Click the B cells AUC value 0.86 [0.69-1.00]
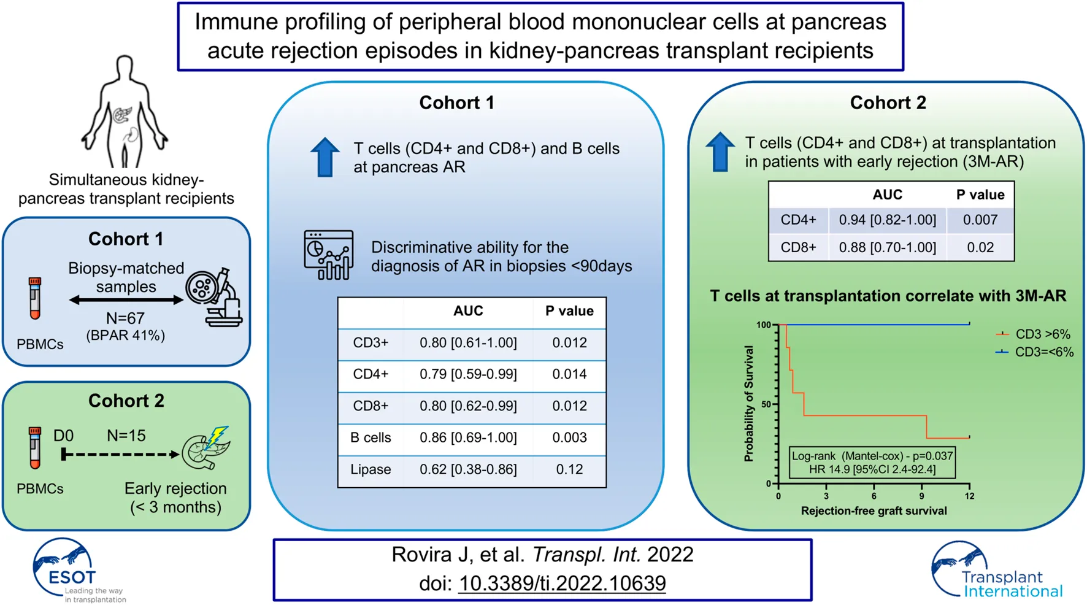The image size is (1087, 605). pos(468,438)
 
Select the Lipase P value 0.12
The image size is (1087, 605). pos(569,470)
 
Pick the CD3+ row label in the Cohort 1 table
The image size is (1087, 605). pos(371,343)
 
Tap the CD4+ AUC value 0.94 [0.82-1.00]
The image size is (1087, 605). pos(887,220)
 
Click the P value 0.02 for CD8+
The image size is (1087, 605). pos(980,248)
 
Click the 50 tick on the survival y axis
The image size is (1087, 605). pos(766,405)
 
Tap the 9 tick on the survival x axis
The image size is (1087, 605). pos(921,496)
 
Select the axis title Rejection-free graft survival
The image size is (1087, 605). pos(874,511)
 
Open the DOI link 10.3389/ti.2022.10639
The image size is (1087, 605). pos(562,583)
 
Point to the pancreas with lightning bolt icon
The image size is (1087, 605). pos(207,449)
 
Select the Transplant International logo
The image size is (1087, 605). pos(996,571)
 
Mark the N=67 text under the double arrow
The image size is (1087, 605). pos(125,318)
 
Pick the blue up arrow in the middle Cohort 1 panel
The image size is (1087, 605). pos(325,158)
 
